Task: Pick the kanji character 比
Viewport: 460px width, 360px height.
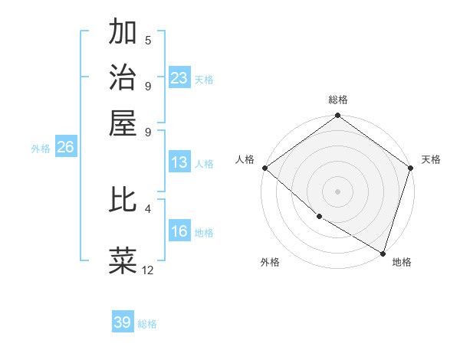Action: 123,199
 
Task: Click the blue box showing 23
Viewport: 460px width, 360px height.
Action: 179,78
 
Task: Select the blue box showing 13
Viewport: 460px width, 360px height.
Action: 179,162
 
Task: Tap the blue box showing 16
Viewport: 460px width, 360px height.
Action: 179,232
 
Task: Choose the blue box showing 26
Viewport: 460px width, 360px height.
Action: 65,148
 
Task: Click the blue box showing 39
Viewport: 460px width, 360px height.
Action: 123,322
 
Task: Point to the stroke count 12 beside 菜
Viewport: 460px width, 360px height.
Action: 148,270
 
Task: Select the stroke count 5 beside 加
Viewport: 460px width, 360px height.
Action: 148,41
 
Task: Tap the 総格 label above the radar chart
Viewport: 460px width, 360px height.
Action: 338,100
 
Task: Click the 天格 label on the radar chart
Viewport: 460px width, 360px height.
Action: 431,159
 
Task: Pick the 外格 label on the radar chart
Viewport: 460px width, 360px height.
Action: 270,262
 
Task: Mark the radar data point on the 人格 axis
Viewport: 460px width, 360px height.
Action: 264,168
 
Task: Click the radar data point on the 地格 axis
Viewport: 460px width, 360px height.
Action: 383,252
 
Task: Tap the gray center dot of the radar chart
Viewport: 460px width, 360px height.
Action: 338,191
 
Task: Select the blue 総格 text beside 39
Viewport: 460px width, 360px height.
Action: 147,324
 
